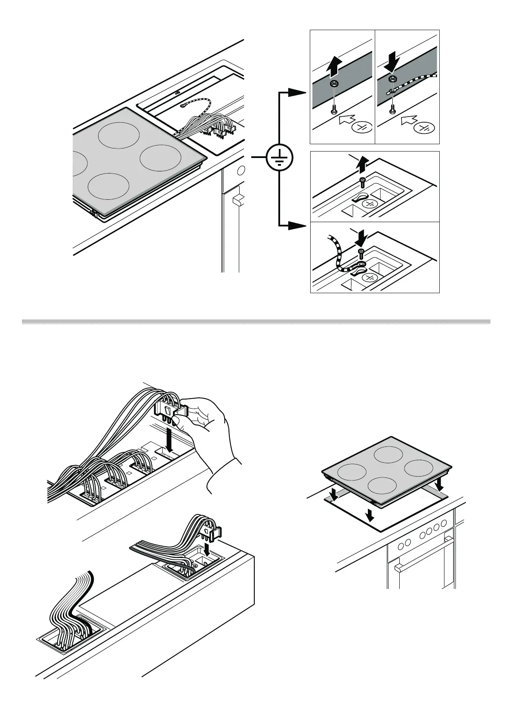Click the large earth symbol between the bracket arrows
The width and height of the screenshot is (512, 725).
[x=279, y=158]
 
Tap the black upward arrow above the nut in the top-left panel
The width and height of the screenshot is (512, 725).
[x=334, y=67]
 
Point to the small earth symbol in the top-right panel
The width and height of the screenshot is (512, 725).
[x=424, y=128]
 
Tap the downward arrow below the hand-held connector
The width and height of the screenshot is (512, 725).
[x=171, y=443]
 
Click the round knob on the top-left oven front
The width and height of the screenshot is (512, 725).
[x=241, y=169]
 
